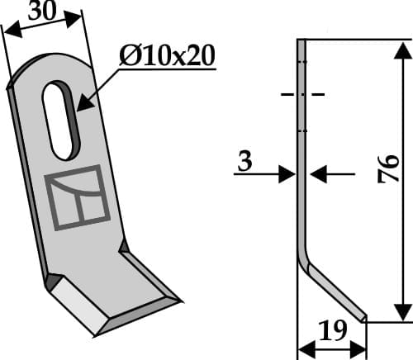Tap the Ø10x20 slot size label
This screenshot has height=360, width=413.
click(167, 56)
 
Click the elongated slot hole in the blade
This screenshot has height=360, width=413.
click(63, 119)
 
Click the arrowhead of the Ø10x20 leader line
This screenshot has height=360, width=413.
click(80, 107)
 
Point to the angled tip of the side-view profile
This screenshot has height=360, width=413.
click(363, 316)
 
